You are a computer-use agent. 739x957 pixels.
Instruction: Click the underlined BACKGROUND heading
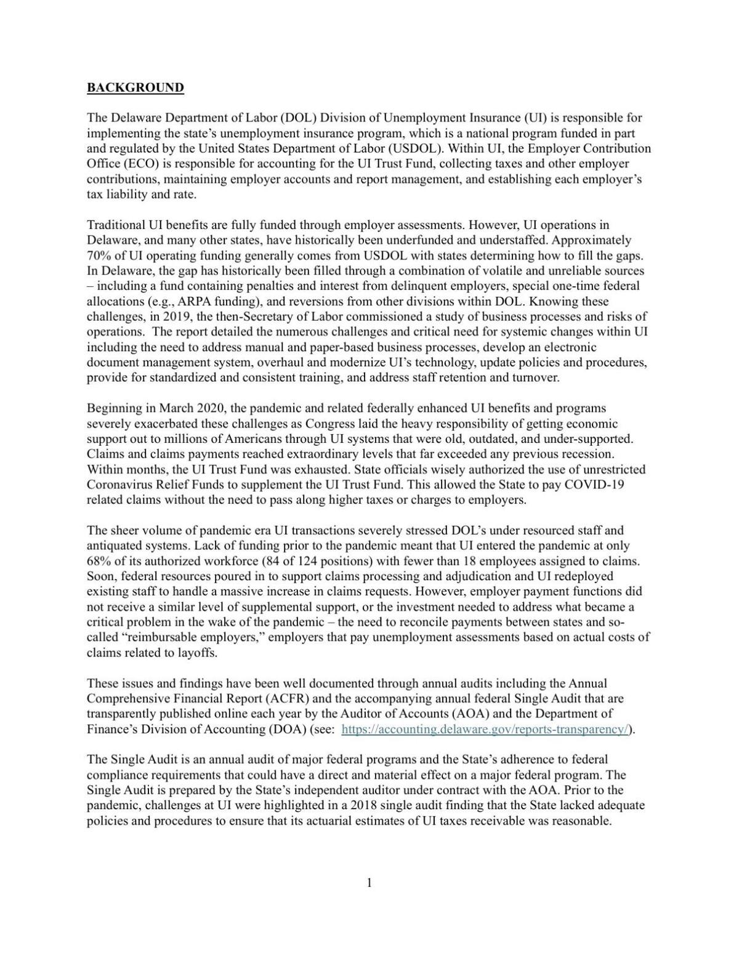(x=135, y=87)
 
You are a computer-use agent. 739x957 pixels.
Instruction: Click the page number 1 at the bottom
(x=369, y=883)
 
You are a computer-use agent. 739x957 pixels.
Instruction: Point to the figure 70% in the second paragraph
(x=99, y=256)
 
